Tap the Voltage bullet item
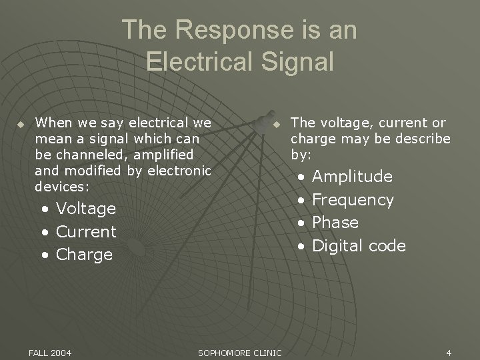(86, 209)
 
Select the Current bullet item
(86, 232)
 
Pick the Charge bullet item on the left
(84, 255)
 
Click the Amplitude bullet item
(352, 177)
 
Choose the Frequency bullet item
(353, 200)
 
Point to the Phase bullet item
(335, 223)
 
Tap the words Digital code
(359, 246)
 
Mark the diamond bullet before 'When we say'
(21, 124)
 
